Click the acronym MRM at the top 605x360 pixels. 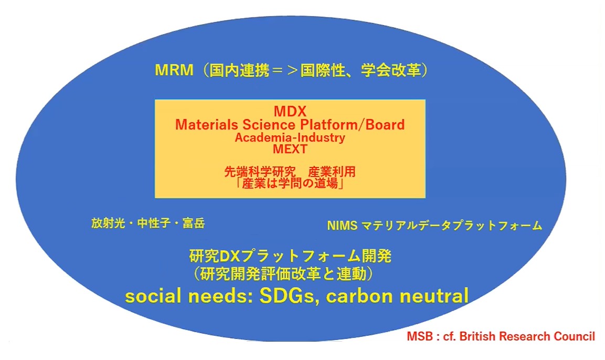pyautogui.click(x=174, y=71)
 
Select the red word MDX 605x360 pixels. pyautogui.click(x=290, y=111)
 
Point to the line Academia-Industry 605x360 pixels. pyautogui.click(x=290, y=137)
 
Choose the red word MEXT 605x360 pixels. pyautogui.click(x=290, y=149)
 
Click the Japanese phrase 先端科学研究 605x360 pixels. pyautogui.click(x=260, y=172)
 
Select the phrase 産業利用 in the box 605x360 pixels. pyautogui.click(x=332, y=172)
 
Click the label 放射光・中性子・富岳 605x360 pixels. pyautogui.click(x=148, y=224)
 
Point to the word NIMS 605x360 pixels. pyautogui.click(x=342, y=226)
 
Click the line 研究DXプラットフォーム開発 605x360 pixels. pyautogui.click(x=290, y=256)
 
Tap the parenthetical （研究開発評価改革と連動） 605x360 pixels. pyautogui.click(x=283, y=274)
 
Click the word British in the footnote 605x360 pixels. pyautogui.click(x=477, y=336)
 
